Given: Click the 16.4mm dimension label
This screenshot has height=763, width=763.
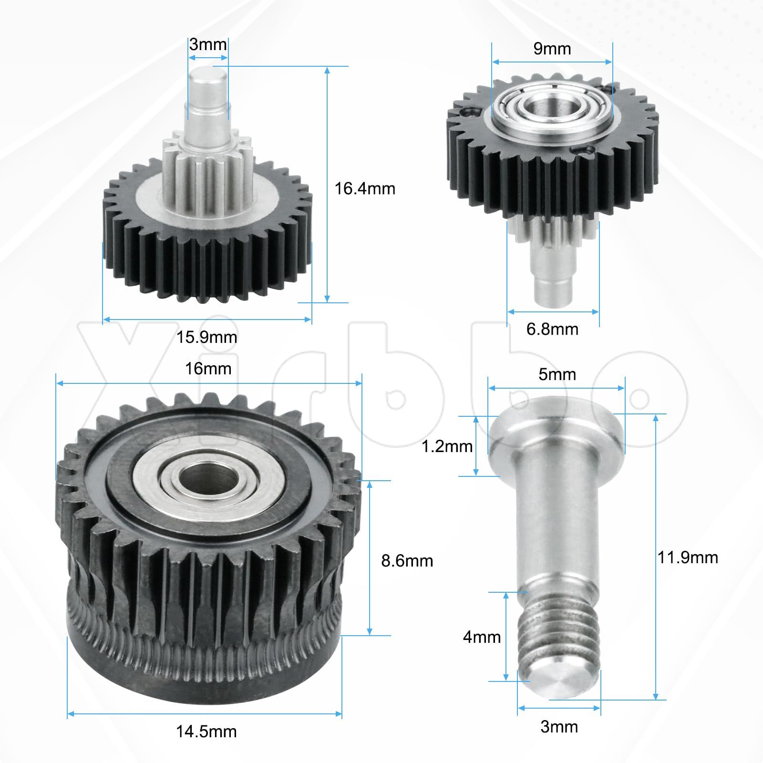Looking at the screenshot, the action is (365, 189).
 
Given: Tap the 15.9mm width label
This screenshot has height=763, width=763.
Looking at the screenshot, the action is (206, 338).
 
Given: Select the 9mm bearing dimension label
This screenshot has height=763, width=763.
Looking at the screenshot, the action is (552, 49).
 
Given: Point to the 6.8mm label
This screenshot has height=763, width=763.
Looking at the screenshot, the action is (552, 329).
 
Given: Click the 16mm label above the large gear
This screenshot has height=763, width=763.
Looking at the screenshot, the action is (208, 369).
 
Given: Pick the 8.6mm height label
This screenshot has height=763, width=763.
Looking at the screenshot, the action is (407, 561).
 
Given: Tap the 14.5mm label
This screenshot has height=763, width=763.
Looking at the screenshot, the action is (206, 732).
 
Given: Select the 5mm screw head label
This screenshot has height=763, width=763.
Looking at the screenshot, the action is (557, 374).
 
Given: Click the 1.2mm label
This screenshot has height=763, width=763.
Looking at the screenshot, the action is (447, 446).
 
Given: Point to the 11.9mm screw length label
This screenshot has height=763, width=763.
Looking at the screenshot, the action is (688, 557).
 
